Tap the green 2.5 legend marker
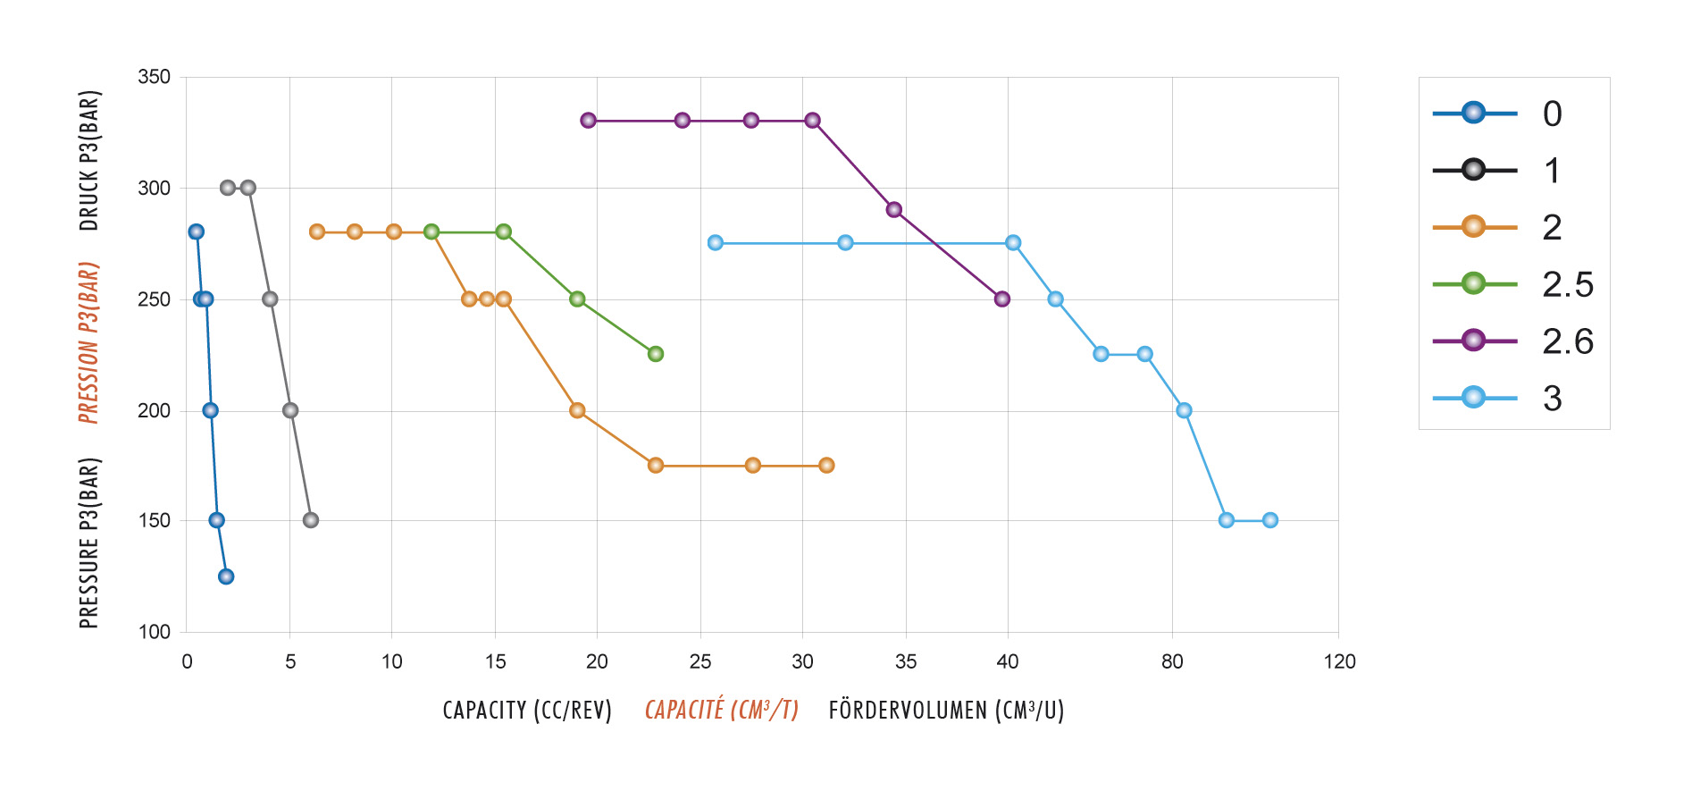(x=1473, y=284)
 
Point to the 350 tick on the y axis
(x=154, y=77)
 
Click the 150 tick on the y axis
(x=154, y=520)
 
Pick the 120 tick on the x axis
(x=1339, y=661)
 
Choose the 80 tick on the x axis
(x=1172, y=661)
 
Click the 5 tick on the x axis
(x=290, y=661)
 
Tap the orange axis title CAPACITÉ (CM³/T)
(x=721, y=711)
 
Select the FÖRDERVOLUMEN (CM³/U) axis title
(x=946, y=711)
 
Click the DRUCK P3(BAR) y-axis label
(x=89, y=160)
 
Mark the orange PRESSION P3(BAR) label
(x=88, y=342)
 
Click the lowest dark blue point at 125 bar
(x=226, y=576)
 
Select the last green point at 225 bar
(x=656, y=354)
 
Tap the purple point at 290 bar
(x=894, y=210)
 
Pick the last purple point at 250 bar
(x=1002, y=299)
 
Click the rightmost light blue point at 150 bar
(x=1270, y=520)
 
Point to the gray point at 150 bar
(x=311, y=520)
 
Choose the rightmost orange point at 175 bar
(x=826, y=466)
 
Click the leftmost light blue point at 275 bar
(x=716, y=243)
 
